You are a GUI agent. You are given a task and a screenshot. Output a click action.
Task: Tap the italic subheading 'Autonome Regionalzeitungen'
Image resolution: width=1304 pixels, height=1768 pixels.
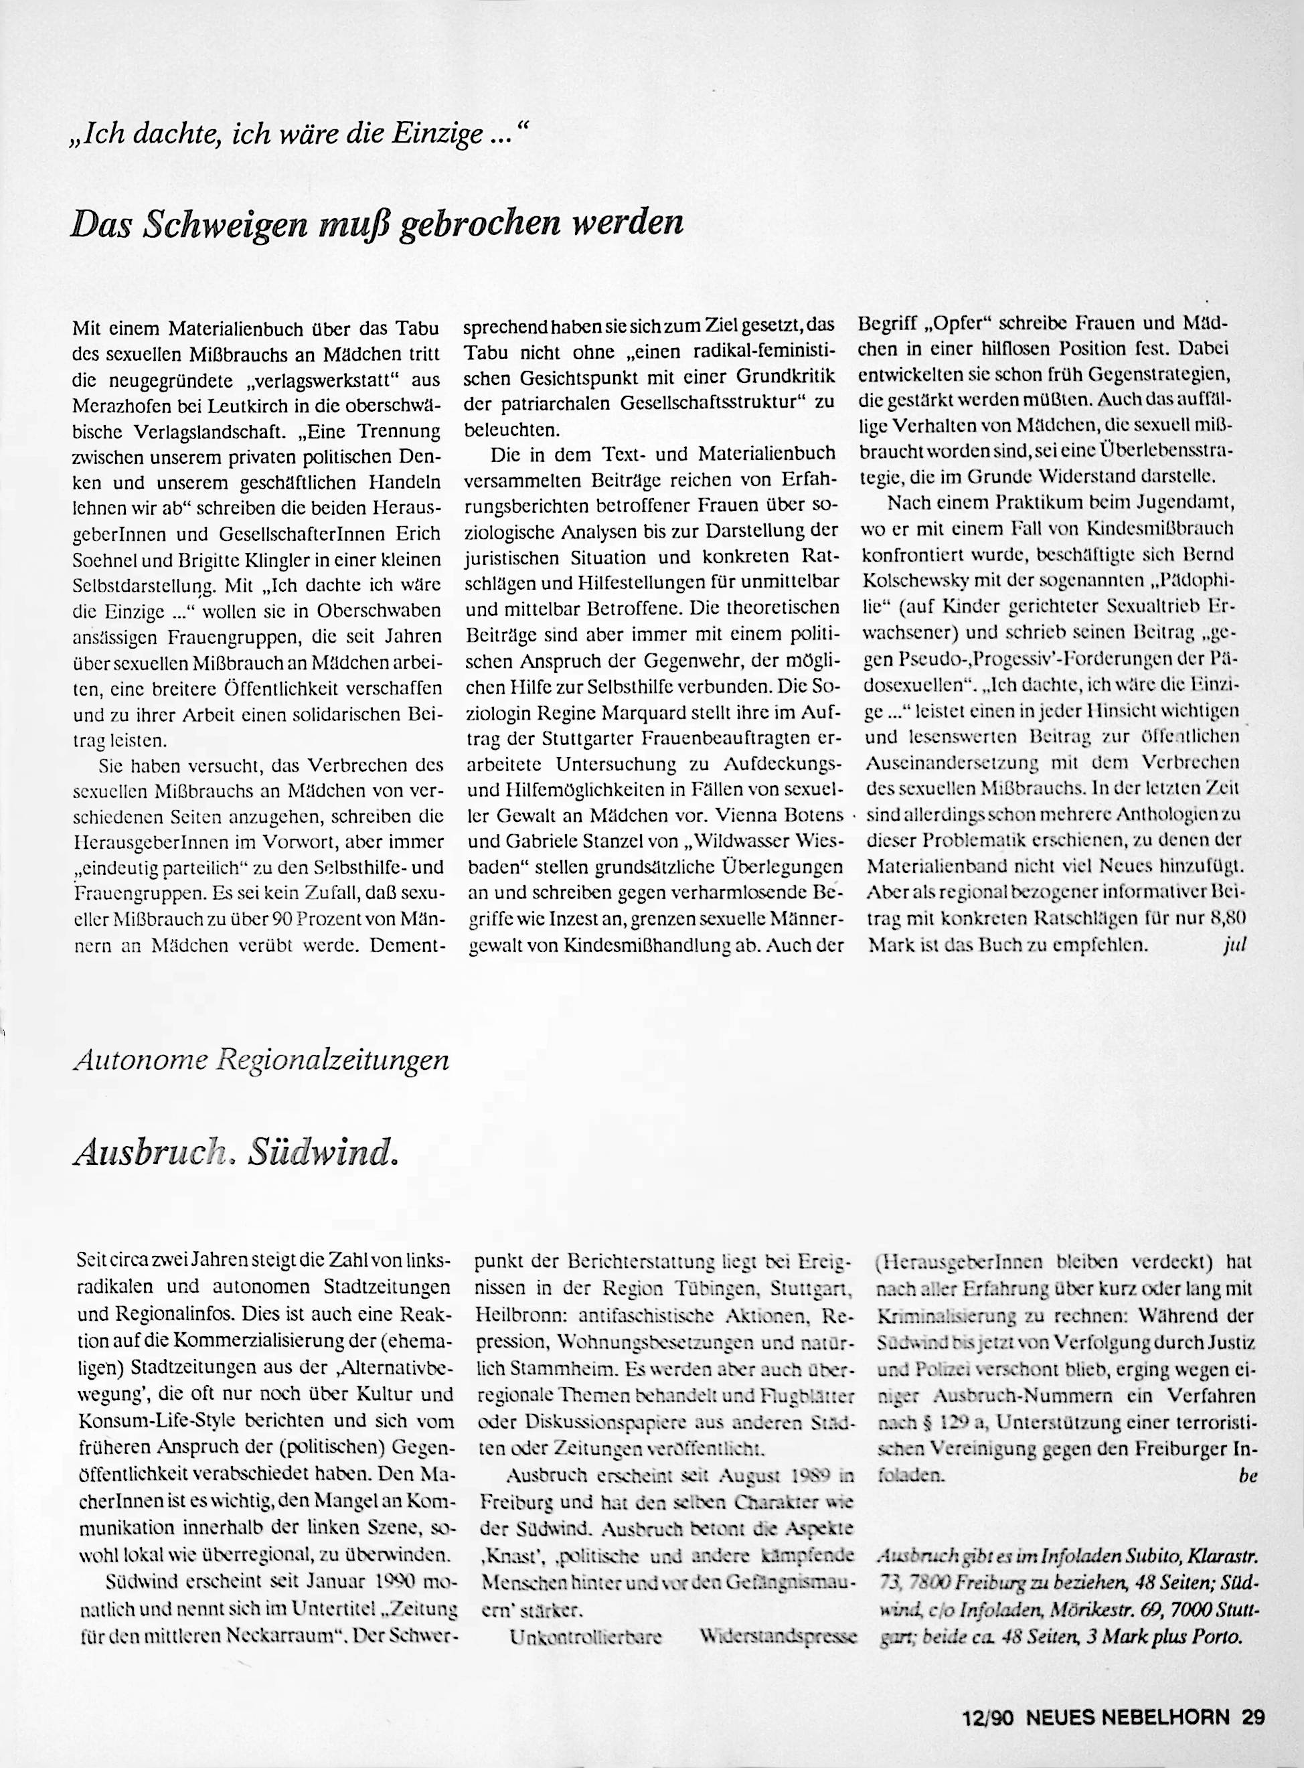point(260,1060)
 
